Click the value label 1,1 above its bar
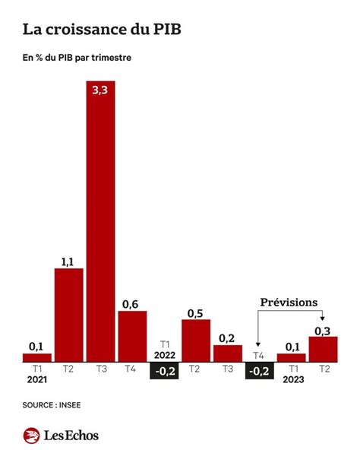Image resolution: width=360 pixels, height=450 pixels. pos(68,262)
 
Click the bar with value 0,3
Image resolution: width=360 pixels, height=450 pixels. pos(323,349)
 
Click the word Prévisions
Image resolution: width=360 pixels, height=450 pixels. pos(289,302)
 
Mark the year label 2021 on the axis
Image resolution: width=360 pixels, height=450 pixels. pos(36,380)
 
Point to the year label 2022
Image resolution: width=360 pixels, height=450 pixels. pos(164,354)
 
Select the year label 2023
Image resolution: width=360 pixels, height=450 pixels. pos(292,380)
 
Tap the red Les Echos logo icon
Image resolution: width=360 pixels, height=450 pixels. pos(31,435)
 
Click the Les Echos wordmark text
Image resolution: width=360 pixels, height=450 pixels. pos(71,435)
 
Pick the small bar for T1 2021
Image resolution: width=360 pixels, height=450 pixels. pos(36,357)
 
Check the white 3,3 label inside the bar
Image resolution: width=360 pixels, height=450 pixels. pos(100,91)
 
